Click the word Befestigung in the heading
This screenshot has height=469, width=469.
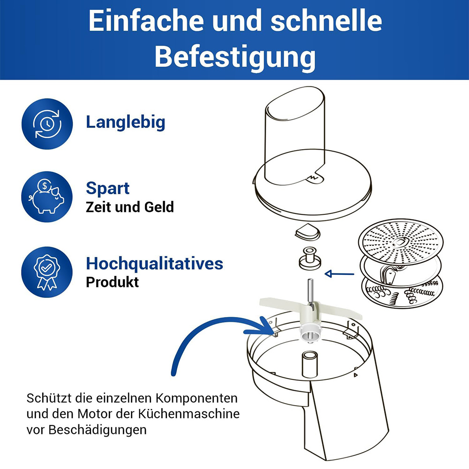235,57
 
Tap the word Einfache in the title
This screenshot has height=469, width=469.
146,21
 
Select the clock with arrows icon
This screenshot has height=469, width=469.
47,124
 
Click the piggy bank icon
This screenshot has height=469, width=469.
47,197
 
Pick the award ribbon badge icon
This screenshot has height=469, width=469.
47,272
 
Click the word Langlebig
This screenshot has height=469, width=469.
125,122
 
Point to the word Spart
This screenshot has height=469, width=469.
108,189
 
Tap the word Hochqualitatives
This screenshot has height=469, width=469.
154,264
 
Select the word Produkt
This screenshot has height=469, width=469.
112,282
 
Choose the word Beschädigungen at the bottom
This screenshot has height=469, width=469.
98,430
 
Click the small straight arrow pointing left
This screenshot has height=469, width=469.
339,274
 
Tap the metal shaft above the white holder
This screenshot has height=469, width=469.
310,291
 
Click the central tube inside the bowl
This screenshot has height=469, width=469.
310,364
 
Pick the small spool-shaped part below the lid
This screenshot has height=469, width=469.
310,258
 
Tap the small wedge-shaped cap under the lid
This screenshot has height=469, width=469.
308,232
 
